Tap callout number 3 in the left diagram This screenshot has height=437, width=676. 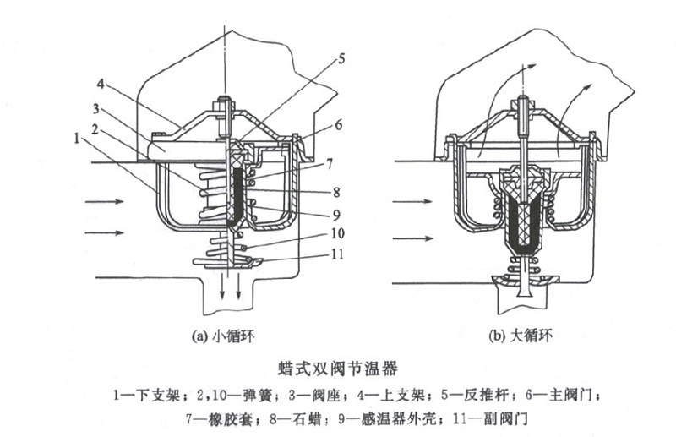coord(97,108)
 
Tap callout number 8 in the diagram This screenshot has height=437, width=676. coord(335,191)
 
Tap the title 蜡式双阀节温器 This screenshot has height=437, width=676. coord(337,369)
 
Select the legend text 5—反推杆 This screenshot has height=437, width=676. coord(478,394)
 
